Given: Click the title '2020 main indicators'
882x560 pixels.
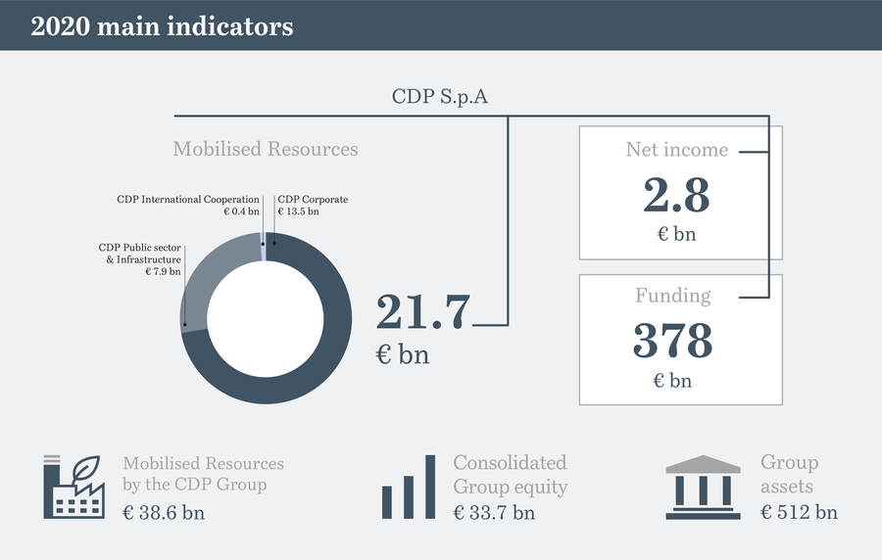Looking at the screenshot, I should [162, 26].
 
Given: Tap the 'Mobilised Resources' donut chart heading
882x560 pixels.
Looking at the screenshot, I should [266, 149].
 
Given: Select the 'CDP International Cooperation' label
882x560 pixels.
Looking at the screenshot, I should [188, 200].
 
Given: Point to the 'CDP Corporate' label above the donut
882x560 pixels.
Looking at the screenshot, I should [313, 200].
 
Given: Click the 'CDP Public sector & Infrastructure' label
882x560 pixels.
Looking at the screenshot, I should [140, 253].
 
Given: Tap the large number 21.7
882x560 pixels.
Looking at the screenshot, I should [423, 311].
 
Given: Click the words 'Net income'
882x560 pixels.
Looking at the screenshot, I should [677, 150].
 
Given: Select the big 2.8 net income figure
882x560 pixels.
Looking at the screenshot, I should [676, 195].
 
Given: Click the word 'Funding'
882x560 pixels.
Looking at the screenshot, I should [672, 295].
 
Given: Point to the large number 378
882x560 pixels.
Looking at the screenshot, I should [672, 341].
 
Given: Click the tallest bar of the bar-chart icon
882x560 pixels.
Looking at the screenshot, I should [429, 486].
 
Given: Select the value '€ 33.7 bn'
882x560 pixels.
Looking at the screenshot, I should [494, 511].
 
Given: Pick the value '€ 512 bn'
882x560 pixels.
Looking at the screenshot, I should [799, 511].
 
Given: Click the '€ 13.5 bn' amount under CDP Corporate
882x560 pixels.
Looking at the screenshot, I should [298, 211].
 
